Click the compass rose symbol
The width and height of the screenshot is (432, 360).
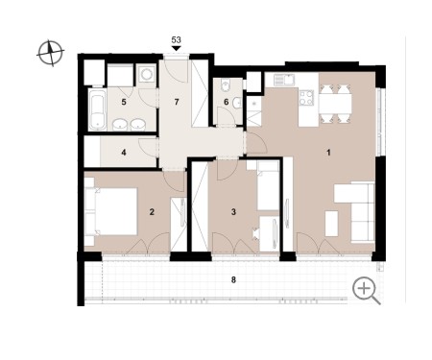[51, 53]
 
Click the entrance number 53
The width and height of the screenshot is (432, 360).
[177, 40]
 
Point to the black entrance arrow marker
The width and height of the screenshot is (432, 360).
[177, 48]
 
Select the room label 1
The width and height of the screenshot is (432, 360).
[328, 153]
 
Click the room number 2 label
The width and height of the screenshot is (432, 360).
[152, 212]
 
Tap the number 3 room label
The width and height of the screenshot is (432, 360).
[233, 212]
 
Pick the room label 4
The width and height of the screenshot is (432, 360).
[124, 153]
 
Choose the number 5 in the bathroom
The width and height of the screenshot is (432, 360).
[124, 102]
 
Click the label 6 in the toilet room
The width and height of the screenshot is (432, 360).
[227, 102]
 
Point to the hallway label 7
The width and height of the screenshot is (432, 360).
[177, 102]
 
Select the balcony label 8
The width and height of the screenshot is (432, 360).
[233, 280]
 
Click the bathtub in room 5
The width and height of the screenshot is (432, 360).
[97, 109]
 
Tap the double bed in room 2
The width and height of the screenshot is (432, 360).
[111, 211]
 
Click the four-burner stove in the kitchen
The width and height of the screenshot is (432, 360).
[306, 98]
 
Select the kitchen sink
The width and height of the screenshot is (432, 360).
[284, 79]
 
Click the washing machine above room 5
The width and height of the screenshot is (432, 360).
[147, 75]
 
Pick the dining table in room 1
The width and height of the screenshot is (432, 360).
[335, 104]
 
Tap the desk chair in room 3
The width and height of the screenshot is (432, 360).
[256, 233]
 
